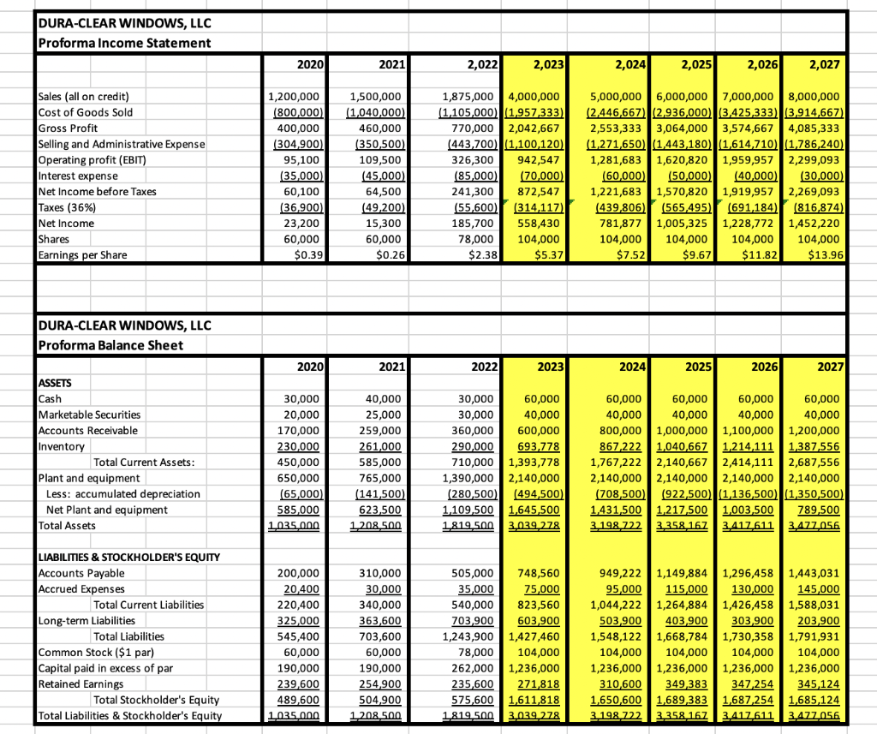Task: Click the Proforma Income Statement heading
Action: point(125,43)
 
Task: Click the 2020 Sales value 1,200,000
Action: point(295,96)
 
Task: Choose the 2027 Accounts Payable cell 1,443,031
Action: point(819,573)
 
